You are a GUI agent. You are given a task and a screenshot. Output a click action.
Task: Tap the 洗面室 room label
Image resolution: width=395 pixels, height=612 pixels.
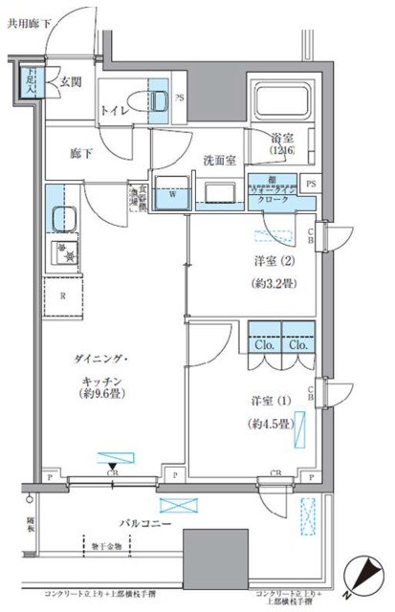point(218,160)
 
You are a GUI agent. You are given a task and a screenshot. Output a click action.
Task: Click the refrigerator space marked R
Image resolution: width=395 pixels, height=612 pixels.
point(62,295)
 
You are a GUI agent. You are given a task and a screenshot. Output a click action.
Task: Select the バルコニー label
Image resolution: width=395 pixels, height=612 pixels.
point(119,524)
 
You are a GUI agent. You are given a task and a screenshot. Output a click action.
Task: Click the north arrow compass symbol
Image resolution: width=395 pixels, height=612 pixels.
point(363,576)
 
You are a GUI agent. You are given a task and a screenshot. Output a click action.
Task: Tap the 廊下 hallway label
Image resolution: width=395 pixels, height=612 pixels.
point(81,151)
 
